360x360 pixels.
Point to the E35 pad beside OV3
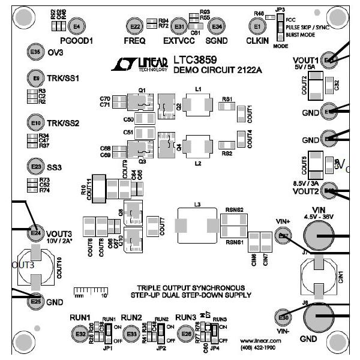35,53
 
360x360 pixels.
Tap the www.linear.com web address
265,340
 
